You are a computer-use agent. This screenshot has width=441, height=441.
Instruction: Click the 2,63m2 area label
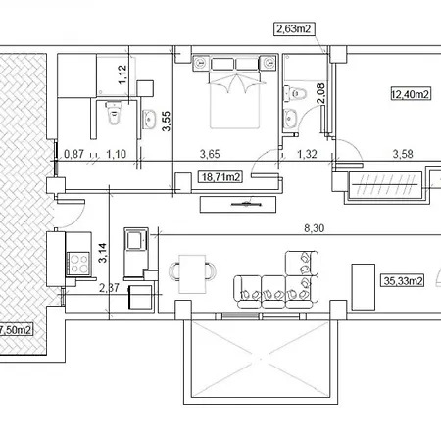[294, 29]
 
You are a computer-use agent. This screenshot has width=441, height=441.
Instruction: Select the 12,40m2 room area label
[412, 94]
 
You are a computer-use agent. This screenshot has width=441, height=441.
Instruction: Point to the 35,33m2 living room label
[403, 281]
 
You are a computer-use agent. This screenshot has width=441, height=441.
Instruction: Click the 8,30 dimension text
[314, 228]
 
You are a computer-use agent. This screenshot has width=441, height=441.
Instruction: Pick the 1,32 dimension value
[307, 154]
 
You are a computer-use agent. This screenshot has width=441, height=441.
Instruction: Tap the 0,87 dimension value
[73, 154]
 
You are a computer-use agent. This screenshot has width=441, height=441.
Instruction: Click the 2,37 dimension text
[110, 288]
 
